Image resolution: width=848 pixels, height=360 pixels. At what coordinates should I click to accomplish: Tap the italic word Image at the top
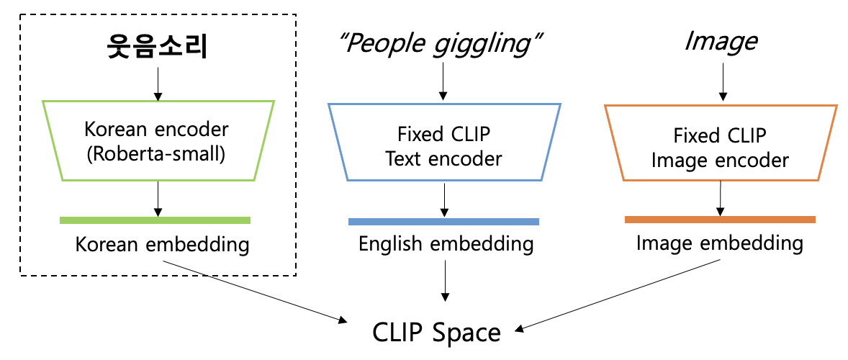[x=721, y=42]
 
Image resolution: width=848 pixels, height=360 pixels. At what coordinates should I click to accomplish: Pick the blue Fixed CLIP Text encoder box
[x=443, y=144]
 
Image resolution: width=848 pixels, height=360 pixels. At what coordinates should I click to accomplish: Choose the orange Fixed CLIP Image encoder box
[x=721, y=144]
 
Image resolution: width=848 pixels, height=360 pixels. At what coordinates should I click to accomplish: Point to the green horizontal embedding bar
[x=155, y=220]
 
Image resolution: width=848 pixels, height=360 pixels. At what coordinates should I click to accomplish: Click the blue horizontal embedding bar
[x=443, y=222]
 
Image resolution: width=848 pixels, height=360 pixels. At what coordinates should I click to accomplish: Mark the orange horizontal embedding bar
[x=720, y=219]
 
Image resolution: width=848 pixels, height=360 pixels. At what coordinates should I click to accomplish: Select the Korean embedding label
[x=162, y=245]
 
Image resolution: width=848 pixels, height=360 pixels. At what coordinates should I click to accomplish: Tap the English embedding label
[x=446, y=245]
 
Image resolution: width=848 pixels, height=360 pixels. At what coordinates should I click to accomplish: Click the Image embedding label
[x=720, y=243]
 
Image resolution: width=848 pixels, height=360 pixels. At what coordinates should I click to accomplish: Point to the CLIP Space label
[x=436, y=332]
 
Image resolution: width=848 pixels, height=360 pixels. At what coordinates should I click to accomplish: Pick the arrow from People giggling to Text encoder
[x=443, y=83]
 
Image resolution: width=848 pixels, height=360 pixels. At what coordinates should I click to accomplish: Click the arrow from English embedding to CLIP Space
[x=446, y=281]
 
